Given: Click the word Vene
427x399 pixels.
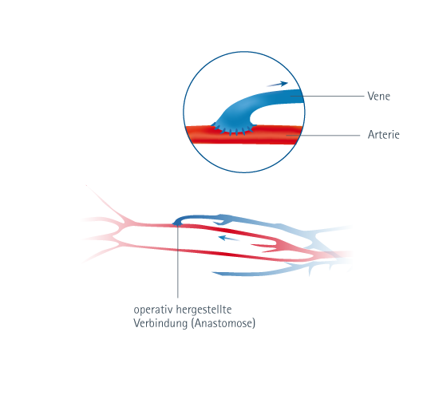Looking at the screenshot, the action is (x=378, y=96).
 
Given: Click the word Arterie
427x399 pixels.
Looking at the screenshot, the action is (x=383, y=135).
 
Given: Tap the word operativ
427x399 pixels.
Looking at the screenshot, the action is (x=153, y=310).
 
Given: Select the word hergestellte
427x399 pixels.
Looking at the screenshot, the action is (x=204, y=310).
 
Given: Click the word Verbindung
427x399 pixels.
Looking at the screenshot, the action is (x=160, y=323).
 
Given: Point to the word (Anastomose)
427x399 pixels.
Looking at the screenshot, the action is (x=223, y=323).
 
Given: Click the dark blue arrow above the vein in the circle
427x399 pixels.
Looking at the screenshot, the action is (x=277, y=84).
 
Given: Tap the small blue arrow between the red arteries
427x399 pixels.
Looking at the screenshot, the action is (x=229, y=239).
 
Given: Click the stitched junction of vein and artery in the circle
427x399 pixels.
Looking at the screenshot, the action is (x=234, y=129).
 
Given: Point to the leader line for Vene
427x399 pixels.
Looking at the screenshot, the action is (x=327, y=96).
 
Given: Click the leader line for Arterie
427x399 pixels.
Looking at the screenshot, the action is (x=323, y=135).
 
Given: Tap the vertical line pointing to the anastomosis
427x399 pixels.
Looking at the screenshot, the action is (x=178, y=261).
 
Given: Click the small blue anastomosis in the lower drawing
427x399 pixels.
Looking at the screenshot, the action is (x=177, y=223).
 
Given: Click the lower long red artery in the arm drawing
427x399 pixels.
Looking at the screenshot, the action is (x=218, y=252).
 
